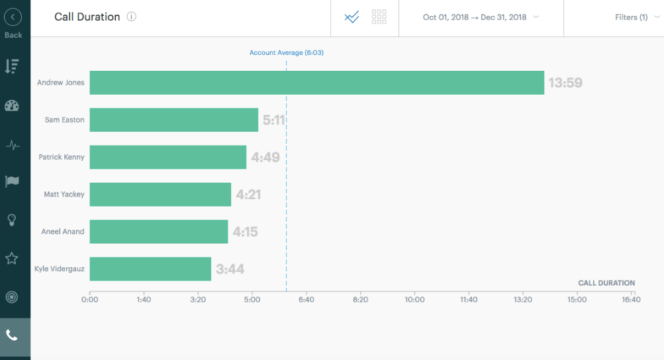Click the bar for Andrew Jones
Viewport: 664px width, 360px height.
click(316, 83)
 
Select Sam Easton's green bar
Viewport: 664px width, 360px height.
click(173, 120)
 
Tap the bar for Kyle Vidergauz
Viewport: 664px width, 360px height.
click(150, 269)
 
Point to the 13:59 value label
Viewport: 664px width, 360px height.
click(565, 83)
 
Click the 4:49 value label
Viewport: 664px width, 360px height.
click(265, 157)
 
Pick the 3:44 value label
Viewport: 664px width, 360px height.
click(230, 269)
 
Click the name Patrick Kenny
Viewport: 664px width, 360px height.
click(62, 157)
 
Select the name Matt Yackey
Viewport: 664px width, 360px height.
click(64, 195)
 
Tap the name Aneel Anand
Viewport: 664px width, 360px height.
click(63, 232)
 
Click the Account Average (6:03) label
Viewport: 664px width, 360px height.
click(286, 52)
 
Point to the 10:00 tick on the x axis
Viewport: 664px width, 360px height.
click(414, 300)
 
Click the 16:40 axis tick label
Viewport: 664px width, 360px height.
click(631, 300)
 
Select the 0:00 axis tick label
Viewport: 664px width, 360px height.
click(89, 300)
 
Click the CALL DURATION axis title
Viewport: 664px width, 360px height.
click(606, 283)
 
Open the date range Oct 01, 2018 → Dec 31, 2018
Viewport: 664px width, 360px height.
click(481, 18)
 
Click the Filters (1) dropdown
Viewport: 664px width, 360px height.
click(636, 18)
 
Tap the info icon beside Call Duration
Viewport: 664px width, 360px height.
click(131, 17)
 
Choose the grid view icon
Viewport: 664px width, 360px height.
click(379, 17)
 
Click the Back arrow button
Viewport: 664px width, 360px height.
click(13, 18)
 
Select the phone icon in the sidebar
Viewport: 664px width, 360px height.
click(12, 336)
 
